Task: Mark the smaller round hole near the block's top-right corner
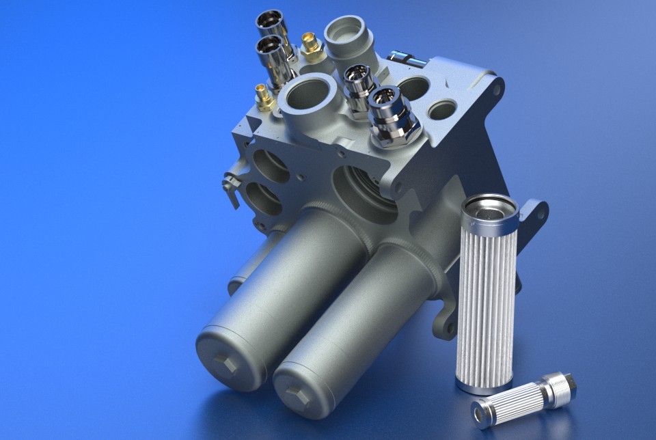pos(442,109)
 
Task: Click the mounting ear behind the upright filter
pos(534,217)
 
